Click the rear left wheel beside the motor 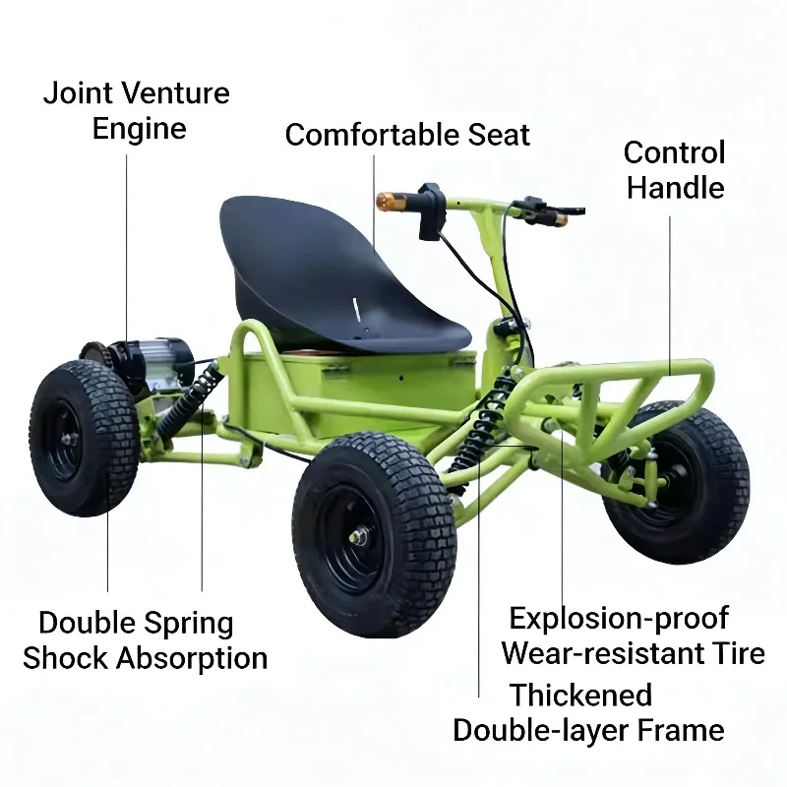pos(84,438)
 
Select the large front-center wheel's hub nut pos(357,537)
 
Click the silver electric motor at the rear pos(155,360)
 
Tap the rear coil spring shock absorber pos(188,401)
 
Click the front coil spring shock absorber pos(483,423)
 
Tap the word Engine pos(139,130)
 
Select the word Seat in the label pos(499,135)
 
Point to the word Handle pos(675,188)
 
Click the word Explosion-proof pos(619,619)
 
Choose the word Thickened pos(580,696)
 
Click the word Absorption pos(191,658)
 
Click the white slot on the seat pos(356,310)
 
